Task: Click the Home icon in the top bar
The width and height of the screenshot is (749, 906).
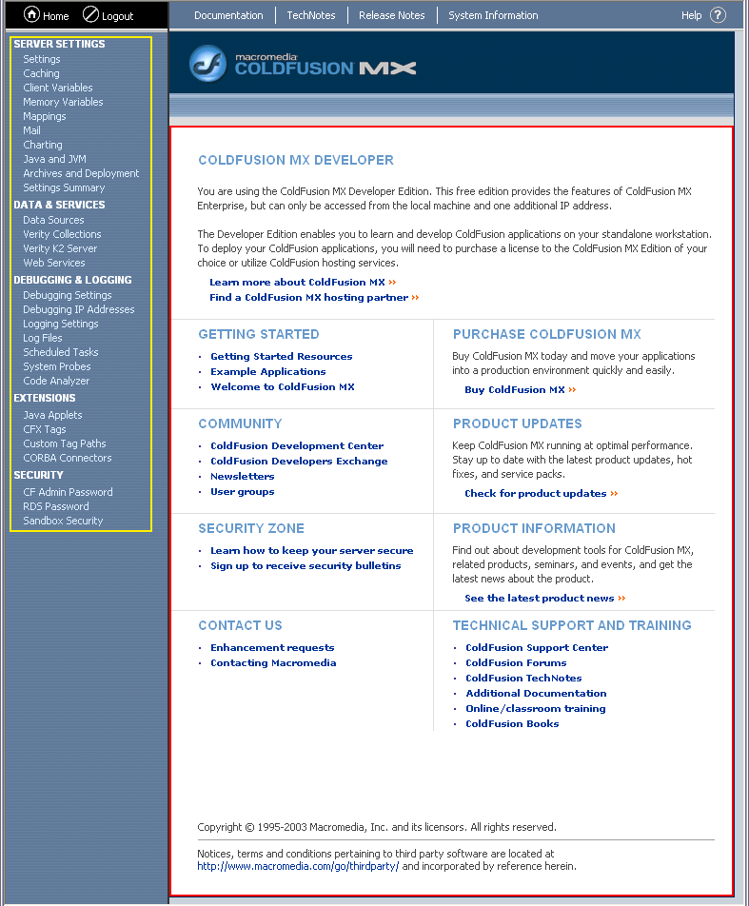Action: coord(31,14)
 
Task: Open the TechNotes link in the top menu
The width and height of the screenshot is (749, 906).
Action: coord(311,15)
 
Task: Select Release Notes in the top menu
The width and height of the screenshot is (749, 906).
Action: coord(391,15)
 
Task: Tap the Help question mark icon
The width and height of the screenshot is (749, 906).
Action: coord(718,15)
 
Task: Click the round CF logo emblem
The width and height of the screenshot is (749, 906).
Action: coord(207,64)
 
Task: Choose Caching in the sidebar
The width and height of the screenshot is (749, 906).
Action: coord(41,73)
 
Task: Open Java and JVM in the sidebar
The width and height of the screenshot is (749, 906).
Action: coord(54,159)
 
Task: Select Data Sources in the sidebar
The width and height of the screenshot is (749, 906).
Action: coord(53,220)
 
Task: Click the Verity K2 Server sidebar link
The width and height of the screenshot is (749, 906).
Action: coord(60,248)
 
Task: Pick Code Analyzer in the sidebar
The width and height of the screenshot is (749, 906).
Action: coord(56,381)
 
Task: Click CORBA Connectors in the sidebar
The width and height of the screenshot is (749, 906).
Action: coord(67,458)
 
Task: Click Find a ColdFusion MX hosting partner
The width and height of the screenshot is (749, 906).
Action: coord(308,297)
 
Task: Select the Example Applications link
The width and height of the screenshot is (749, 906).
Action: coord(267,372)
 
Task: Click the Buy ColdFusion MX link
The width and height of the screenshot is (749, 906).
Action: coord(515,390)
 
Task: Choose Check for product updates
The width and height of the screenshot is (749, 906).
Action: coord(535,493)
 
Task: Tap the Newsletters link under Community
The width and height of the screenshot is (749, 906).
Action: coord(242,477)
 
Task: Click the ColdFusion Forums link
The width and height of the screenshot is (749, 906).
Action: coord(516,663)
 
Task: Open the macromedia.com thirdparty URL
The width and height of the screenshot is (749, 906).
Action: coord(298,867)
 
